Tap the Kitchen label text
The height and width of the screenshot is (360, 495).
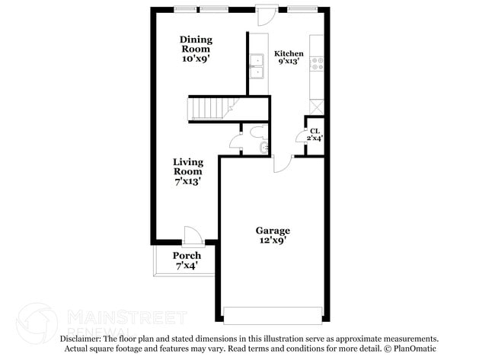pos(289,54)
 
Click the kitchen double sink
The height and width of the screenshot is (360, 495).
pos(257,67)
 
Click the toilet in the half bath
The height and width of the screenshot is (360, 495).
pos(263,146)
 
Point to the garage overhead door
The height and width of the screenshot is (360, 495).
pos(273,314)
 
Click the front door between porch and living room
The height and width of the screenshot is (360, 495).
pos(192,236)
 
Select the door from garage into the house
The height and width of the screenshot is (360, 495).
pos(283,161)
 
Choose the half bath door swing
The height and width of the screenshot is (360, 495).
pos(235,140)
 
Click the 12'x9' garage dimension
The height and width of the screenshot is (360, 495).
pos(272,241)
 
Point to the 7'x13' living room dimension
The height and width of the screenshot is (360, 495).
pos(187,182)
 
